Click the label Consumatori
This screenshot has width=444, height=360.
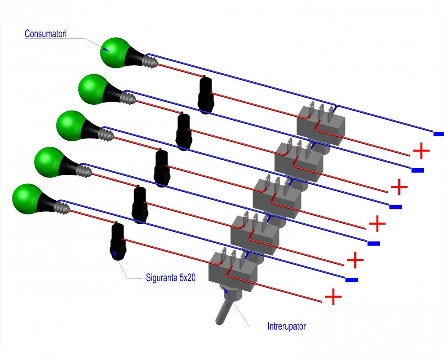click(x=45, y=34)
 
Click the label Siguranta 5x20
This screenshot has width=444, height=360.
click(x=170, y=278)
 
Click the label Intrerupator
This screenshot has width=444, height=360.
click(x=286, y=327)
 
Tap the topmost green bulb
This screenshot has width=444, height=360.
click(x=114, y=52)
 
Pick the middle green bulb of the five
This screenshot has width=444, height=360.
click(x=70, y=125)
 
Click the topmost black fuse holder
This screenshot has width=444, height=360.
click(x=206, y=95)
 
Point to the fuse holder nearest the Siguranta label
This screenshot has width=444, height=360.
click(x=118, y=242)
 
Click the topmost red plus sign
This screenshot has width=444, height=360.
click(x=421, y=151)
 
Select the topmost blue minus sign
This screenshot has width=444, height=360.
click(x=438, y=134)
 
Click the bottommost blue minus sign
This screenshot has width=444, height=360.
click(x=352, y=280)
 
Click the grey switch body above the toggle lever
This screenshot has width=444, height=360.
click(x=233, y=271)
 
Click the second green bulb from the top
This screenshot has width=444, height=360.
click(x=92, y=89)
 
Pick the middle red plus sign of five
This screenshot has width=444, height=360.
click(x=377, y=224)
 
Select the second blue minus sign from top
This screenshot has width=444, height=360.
click(x=417, y=170)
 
